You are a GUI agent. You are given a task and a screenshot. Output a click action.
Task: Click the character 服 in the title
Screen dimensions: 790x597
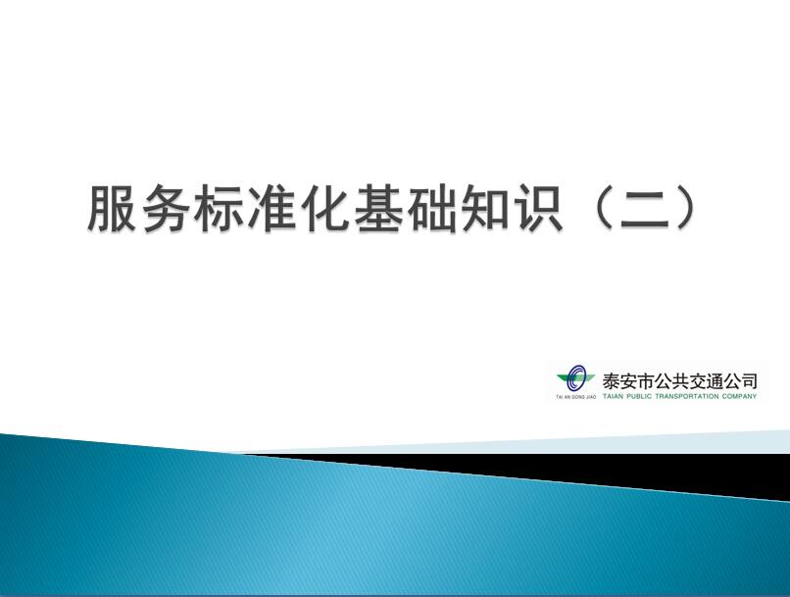[113, 208]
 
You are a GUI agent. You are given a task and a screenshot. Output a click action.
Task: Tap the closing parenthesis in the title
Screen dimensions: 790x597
[689, 209]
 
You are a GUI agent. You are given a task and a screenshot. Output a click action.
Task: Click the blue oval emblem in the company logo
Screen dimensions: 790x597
[575, 377]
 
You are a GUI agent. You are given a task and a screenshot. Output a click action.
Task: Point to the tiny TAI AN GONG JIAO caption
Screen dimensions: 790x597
[576, 397]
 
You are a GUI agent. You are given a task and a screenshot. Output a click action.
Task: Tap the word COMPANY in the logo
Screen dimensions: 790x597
[739, 396]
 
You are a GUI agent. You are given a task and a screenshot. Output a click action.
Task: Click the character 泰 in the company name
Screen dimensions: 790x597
[611, 381]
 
